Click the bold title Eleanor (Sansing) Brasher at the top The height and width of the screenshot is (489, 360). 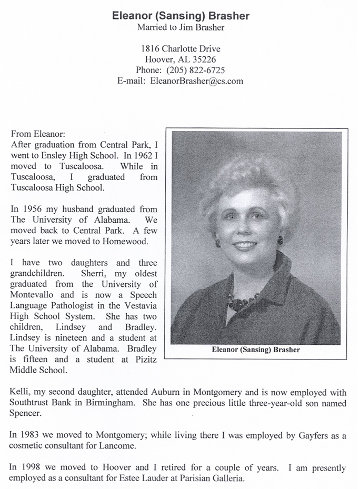(x=181, y=16)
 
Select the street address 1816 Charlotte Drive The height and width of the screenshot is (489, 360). (x=180, y=49)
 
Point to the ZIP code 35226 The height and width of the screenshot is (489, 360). (x=204, y=59)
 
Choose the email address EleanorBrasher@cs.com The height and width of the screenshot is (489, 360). (x=196, y=81)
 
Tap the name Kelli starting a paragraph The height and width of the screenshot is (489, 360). (x=21, y=393)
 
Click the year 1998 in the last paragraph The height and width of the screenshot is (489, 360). (x=32, y=467)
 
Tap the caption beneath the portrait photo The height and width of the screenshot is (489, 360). (x=256, y=348)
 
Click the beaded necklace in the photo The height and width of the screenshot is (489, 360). (x=242, y=301)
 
